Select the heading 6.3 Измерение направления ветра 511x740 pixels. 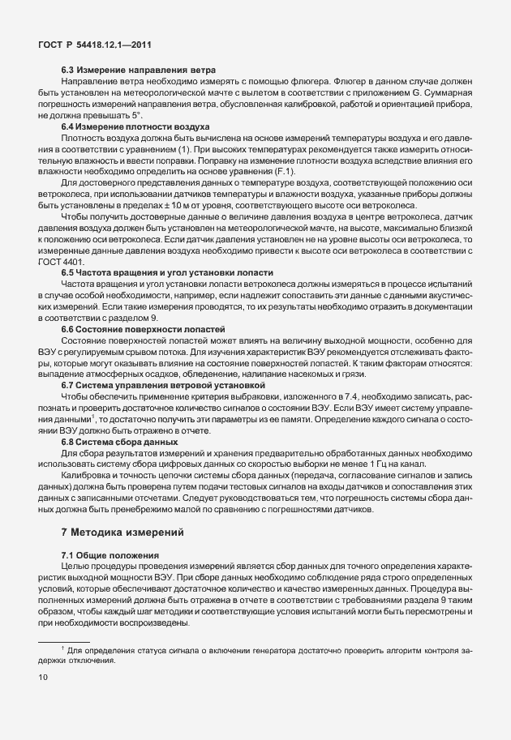[138, 71]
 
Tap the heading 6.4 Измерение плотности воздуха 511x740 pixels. [135, 127]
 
